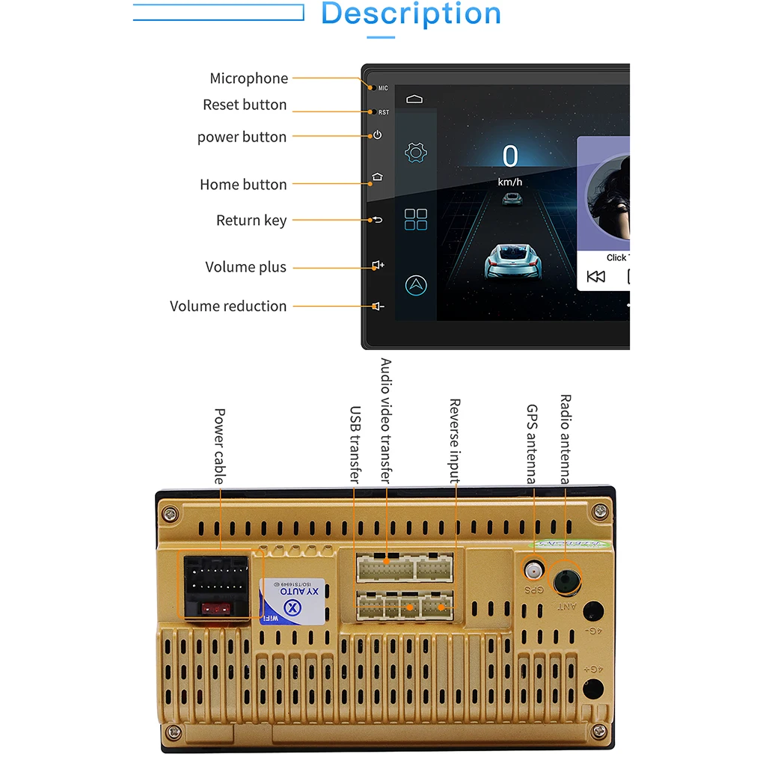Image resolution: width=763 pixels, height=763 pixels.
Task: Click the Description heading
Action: (411, 14)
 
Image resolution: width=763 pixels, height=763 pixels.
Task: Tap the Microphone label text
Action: (248, 79)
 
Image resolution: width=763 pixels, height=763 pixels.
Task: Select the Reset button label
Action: (245, 105)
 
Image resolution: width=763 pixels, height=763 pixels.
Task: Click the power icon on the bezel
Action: (377, 135)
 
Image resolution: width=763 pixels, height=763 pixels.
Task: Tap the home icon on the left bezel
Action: (377, 178)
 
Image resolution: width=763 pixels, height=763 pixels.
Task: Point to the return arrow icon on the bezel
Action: (377, 220)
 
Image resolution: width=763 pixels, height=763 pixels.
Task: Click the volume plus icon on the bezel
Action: (378, 266)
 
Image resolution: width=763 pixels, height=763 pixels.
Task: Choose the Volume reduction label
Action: (228, 306)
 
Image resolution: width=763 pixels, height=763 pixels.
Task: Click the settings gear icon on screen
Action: (416, 153)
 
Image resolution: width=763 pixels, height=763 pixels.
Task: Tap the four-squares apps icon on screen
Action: (416, 219)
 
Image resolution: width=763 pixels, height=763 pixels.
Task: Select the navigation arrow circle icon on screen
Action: (416, 285)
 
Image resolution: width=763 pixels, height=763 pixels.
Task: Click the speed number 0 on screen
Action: (510, 156)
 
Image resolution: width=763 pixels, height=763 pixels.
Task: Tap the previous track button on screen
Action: (596, 277)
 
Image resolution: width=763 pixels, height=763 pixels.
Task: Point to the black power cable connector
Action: (215, 584)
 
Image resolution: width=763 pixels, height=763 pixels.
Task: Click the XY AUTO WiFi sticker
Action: (292, 599)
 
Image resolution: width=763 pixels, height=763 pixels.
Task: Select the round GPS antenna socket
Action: (533, 571)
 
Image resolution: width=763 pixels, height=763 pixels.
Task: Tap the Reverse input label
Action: (454, 441)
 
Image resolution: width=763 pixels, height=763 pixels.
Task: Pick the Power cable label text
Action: (219, 446)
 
